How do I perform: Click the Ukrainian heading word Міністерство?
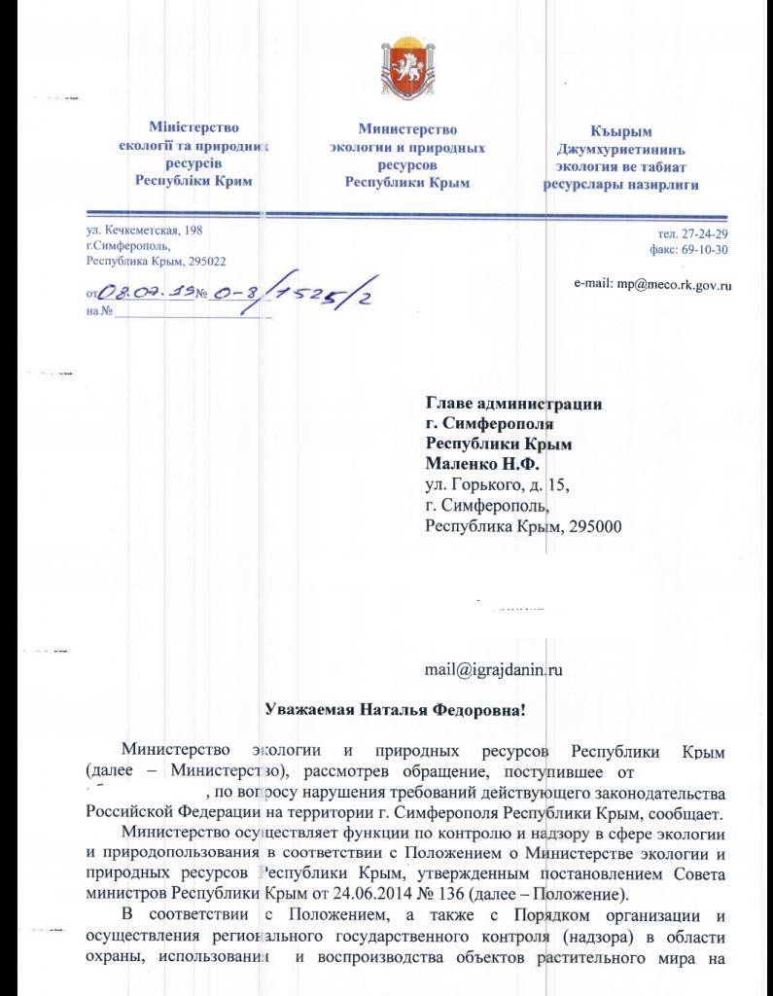coord(193,127)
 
